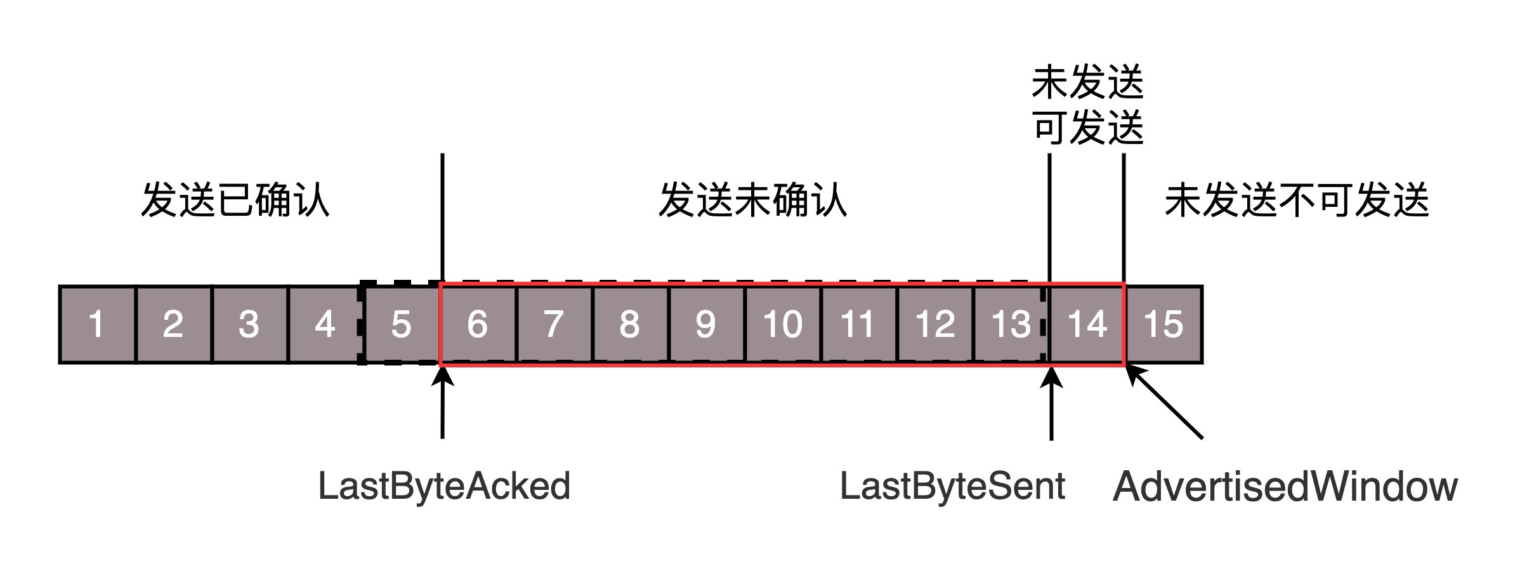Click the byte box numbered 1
[x=97, y=324]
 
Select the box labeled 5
[x=402, y=324]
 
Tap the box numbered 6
[x=478, y=324]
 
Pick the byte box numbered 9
[x=707, y=324]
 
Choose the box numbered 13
[x=1011, y=324]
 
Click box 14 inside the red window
[x=1087, y=324]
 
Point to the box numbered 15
[x=1164, y=324]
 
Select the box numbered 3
[x=250, y=324]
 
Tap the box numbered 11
[x=859, y=324]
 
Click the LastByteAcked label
[x=444, y=487]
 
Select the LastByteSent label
[x=952, y=487]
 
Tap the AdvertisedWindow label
[x=1285, y=487]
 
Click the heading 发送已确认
[x=235, y=200]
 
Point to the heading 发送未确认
[x=752, y=200]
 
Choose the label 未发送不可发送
[x=1297, y=200]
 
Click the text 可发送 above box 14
[x=1088, y=128]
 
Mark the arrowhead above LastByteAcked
[x=442, y=374]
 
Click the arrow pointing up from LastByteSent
[x=1051, y=402]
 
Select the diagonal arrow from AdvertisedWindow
[x=1164, y=402]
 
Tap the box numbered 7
[x=554, y=324]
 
